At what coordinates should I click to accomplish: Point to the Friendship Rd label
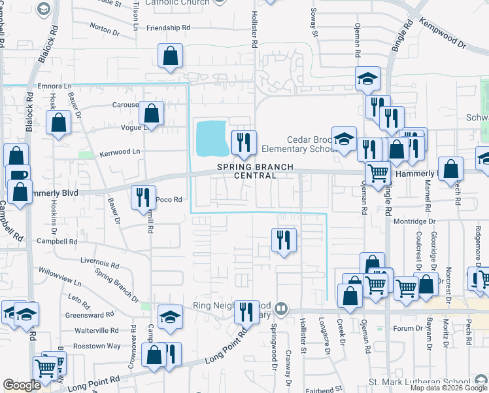coord(168,28)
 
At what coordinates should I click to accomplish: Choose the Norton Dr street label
coord(105,28)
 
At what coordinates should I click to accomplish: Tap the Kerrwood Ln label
coord(120,151)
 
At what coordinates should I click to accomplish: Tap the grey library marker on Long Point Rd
coord(281,307)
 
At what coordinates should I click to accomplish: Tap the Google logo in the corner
coord(22,385)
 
